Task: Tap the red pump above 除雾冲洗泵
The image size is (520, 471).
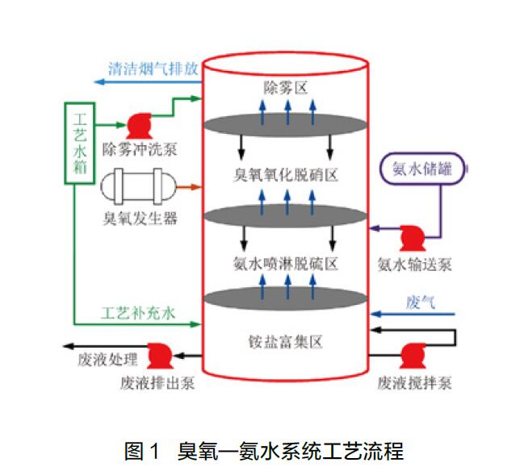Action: pyautogui.click(x=136, y=126)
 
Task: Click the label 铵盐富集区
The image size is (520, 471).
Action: pyautogui.click(x=286, y=342)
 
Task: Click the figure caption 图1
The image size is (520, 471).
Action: pyautogui.click(x=143, y=450)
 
